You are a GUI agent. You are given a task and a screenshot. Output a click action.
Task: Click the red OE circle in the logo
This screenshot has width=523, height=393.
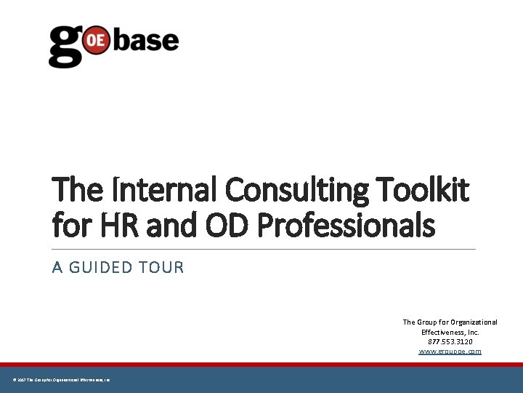pos(96,41)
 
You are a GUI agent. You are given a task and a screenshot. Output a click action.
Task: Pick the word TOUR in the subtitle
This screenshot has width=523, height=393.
pos(163,268)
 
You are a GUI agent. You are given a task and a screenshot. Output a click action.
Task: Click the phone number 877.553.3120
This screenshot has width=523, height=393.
pos(450,341)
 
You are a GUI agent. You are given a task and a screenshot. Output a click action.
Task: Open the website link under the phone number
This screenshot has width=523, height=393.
pos(450,352)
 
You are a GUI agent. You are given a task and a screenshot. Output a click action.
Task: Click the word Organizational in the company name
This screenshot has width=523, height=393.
pos(473,322)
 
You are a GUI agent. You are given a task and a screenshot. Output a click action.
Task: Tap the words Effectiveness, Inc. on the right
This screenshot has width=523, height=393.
pos(450,332)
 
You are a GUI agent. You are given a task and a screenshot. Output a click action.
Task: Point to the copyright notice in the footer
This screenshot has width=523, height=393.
pos(61,380)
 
